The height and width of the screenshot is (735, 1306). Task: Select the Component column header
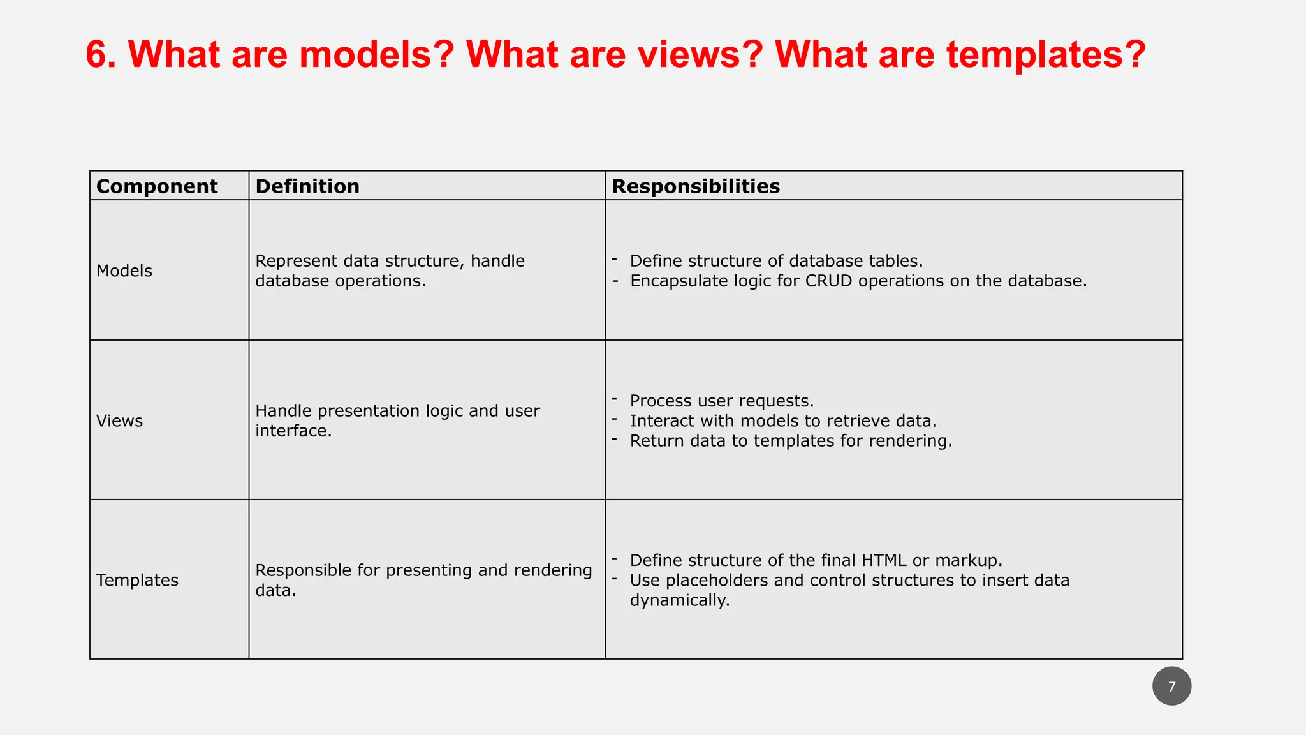157,186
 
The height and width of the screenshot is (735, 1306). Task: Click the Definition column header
307,186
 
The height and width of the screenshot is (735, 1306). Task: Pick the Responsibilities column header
696,186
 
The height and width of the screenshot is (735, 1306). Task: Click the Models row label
124,271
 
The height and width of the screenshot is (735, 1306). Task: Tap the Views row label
120,421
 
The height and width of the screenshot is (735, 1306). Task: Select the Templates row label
137,580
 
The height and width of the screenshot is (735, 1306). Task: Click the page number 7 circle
1171,687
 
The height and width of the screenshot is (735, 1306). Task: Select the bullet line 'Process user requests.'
721,401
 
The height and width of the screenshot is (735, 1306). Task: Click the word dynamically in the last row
679,600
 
